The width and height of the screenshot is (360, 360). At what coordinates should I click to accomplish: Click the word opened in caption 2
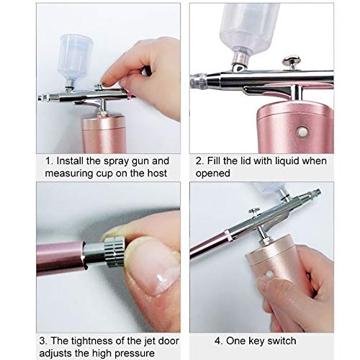click(216, 174)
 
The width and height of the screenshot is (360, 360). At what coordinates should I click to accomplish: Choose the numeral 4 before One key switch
click(218, 341)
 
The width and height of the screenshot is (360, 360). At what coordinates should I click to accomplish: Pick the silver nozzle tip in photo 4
click(315, 193)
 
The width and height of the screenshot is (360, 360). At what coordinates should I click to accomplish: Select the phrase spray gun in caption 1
click(134, 161)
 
